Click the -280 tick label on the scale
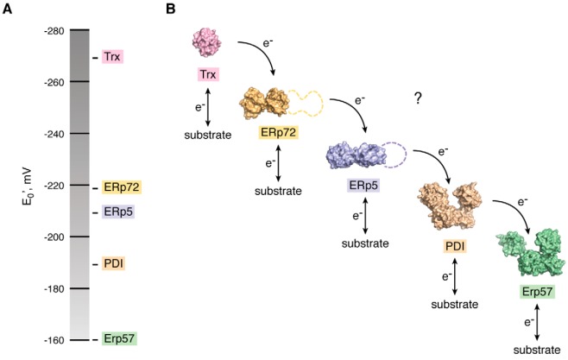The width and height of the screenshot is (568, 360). pos(55,30)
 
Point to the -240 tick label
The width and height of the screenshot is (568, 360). pos(55,134)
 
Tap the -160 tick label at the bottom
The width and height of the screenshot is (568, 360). pos(55,339)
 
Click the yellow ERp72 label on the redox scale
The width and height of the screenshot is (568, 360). pos(120,186)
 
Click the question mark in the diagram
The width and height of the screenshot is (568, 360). pos(417,99)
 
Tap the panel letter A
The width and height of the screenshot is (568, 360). pos(8,9)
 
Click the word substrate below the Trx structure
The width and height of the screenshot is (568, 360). pos(208,136)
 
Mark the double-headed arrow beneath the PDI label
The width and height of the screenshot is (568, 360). pos(455,280)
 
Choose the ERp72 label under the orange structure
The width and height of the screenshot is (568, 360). pos(278,132)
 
